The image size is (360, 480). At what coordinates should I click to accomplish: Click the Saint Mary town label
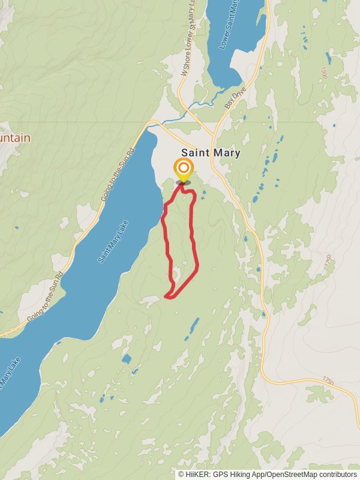pyautogui.click(x=211, y=153)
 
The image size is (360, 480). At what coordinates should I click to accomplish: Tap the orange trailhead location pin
pyautogui.click(x=183, y=169)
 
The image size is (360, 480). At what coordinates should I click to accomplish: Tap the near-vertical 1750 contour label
pyautogui.click(x=328, y=262)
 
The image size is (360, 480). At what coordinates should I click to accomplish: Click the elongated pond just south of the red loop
pyautogui.click(x=193, y=326)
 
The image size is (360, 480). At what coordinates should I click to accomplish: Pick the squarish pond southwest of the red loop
pyautogui.click(x=126, y=359)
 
